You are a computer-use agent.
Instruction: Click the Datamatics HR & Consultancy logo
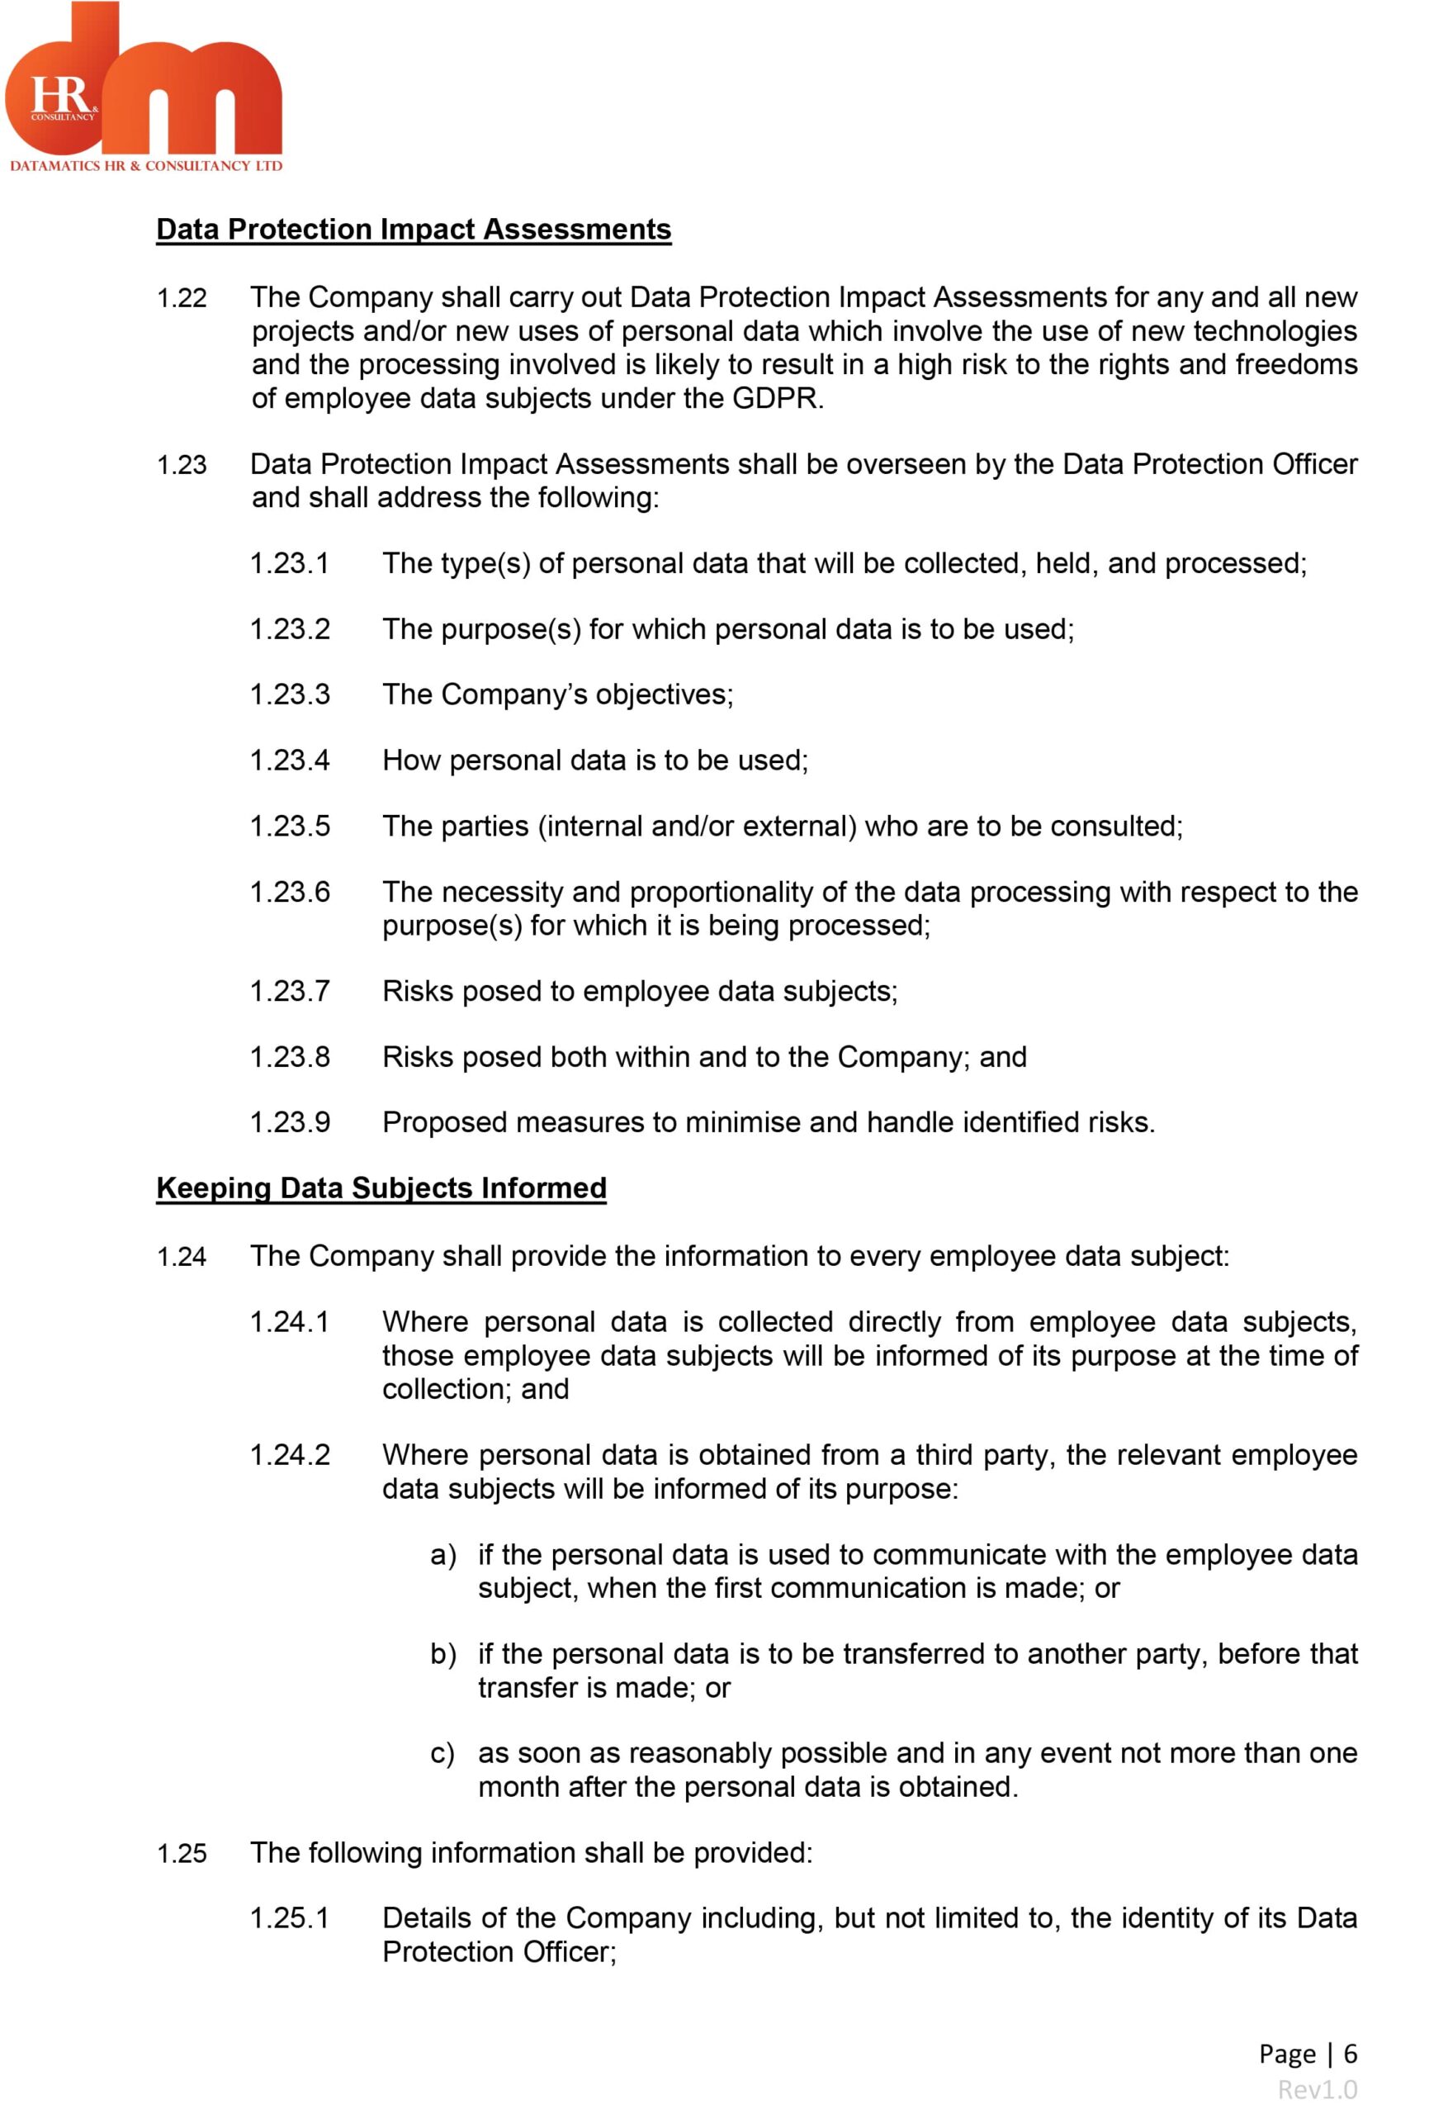pos(144,88)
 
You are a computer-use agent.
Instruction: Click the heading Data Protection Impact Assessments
pos(413,230)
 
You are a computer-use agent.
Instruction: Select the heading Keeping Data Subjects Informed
pos(381,1188)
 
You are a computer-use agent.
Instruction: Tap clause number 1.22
pos(182,298)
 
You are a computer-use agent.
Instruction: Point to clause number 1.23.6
pos(289,893)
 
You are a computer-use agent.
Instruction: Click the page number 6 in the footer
pos(1350,2053)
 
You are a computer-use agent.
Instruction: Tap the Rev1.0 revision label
pos(1317,2089)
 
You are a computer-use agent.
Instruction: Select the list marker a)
pos(443,1556)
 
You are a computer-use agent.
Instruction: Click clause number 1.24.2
pos(289,1455)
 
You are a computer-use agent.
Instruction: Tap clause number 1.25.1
pos(289,1918)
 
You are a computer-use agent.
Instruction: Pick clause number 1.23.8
pos(289,1057)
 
